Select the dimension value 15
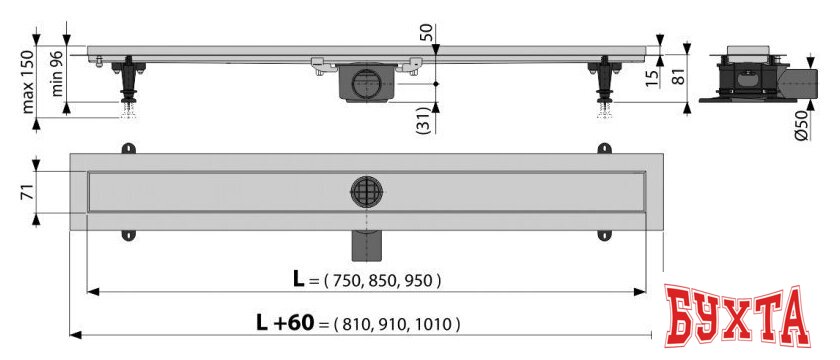[652, 76]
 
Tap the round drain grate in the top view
[364, 190]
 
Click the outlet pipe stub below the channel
[364, 242]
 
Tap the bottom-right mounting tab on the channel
[605, 235]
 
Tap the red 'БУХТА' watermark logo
[737, 318]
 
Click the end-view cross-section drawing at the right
[753, 75]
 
